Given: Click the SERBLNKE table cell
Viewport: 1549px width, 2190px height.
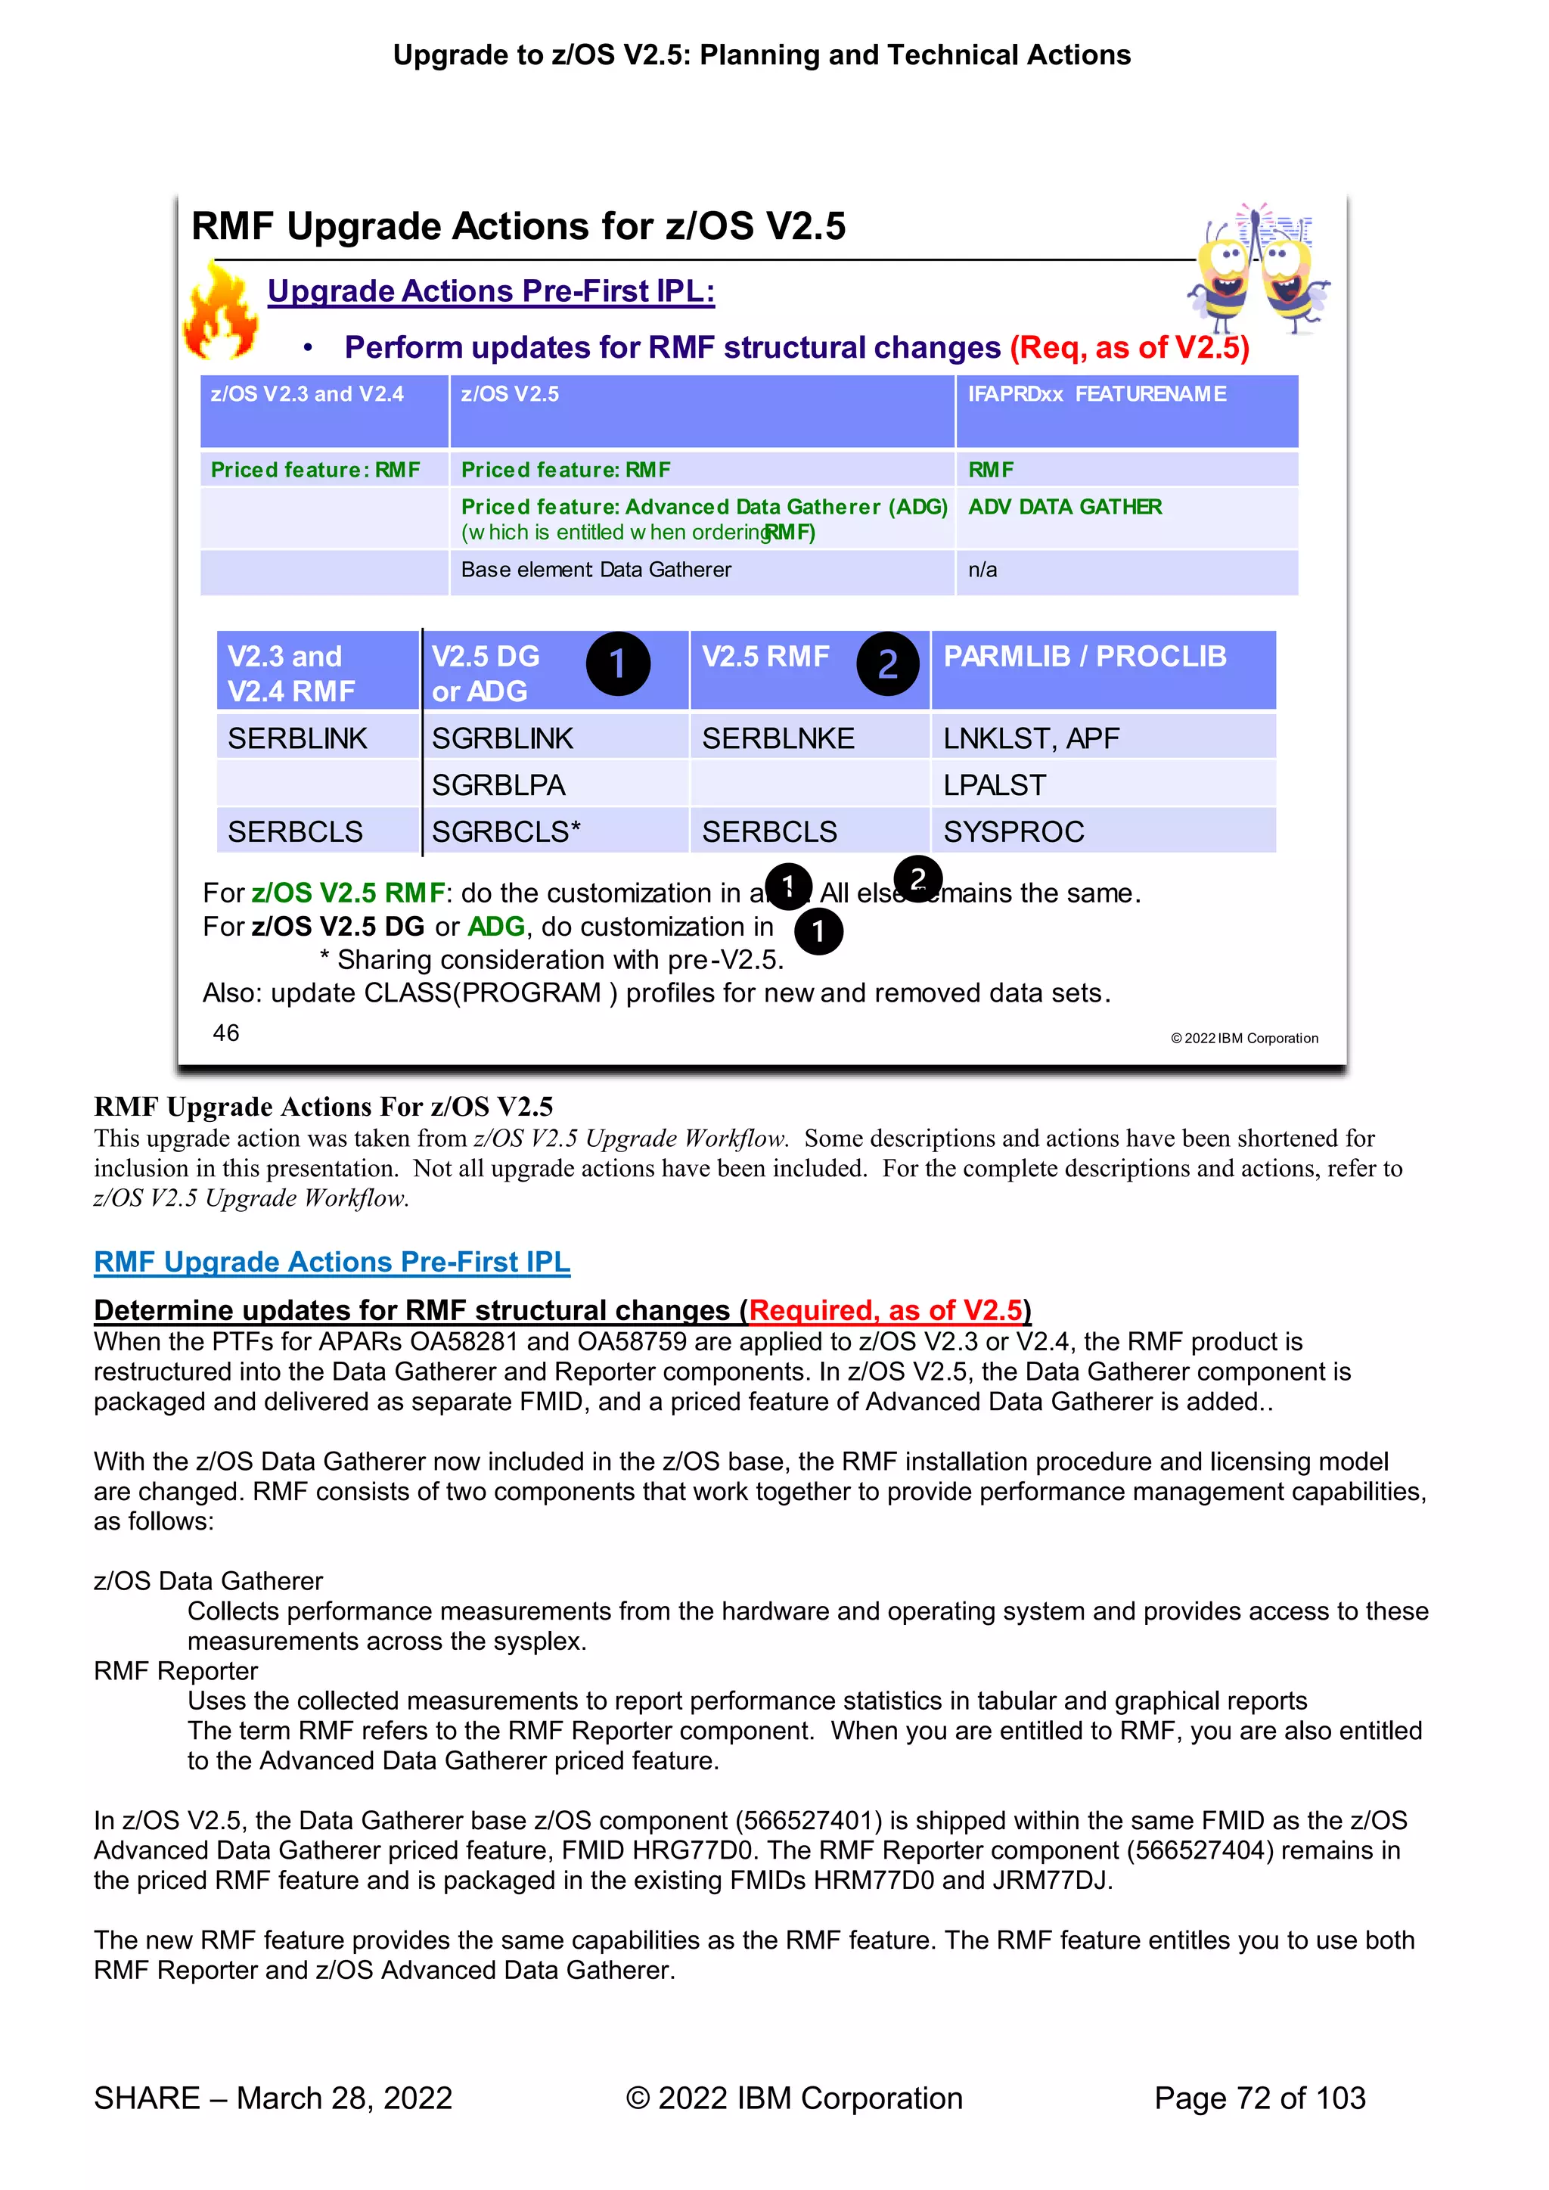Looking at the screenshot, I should [x=778, y=738].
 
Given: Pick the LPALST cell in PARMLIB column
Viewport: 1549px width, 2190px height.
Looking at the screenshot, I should [x=995, y=785].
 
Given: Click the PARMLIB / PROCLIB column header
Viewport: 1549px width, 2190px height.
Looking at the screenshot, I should [x=1085, y=657].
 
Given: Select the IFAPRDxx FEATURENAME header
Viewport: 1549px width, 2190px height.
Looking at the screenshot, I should [x=1097, y=394].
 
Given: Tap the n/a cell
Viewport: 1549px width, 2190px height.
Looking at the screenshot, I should [x=982, y=570].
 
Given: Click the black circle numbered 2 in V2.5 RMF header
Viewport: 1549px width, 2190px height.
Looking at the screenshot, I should [x=887, y=664].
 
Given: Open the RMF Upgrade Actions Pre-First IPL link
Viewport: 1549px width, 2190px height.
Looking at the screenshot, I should [x=332, y=1262].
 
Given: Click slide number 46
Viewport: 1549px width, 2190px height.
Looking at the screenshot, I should [x=226, y=1033].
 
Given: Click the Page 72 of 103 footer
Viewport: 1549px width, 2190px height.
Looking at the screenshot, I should [x=1259, y=2098].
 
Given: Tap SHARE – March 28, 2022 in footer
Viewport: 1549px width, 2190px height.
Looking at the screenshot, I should [x=273, y=2098].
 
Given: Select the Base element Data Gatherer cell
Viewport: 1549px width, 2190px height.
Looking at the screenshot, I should [x=596, y=570].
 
